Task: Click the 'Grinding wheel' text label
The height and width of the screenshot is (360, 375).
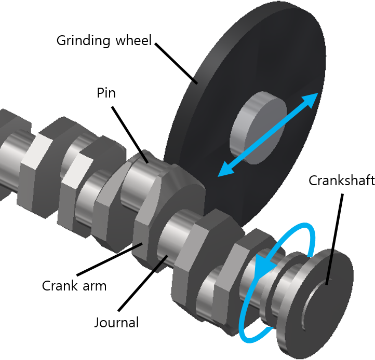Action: [x=104, y=40]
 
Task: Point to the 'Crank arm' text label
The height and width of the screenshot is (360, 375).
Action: [x=74, y=285]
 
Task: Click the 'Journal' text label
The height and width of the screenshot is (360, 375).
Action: [x=116, y=323]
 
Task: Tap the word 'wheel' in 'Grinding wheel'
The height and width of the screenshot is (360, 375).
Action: [x=132, y=40]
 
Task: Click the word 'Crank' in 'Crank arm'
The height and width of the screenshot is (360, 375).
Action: [x=60, y=285]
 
